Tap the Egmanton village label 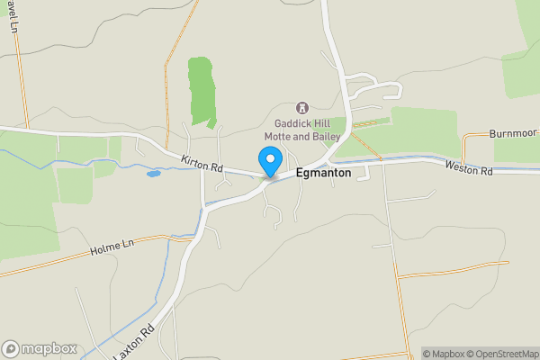coord(323,173)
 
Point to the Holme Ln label coord(112,247)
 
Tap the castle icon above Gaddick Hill coord(301,108)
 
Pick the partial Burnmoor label coord(514,133)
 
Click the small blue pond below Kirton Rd coord(153,173)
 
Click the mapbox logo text coord(49,348)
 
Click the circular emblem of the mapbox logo coord(11,348)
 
